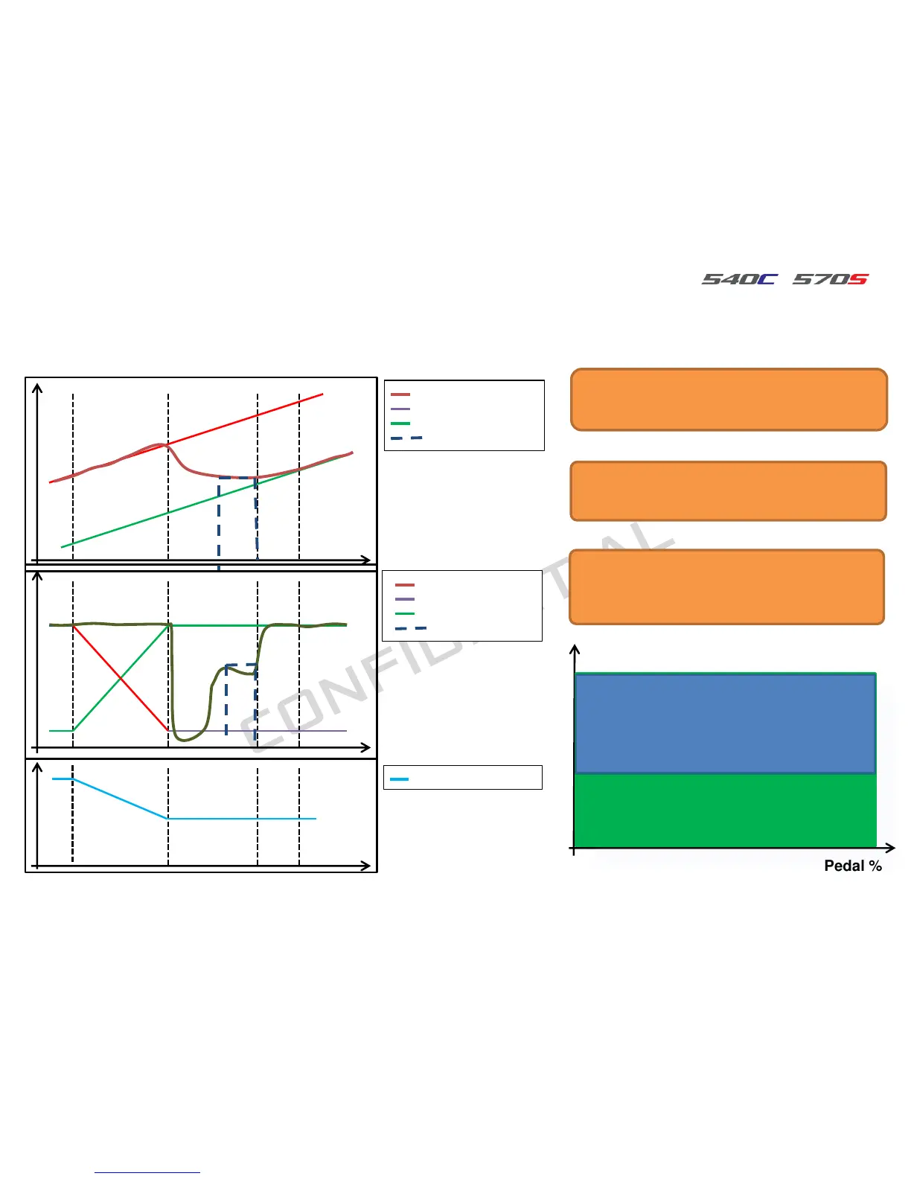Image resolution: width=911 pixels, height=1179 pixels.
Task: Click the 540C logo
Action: pos(739,279)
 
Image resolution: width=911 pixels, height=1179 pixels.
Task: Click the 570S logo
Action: pos(830,279)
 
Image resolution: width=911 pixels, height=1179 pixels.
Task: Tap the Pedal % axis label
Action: pos(852,866)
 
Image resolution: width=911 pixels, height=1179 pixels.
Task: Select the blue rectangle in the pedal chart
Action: pos(725,723)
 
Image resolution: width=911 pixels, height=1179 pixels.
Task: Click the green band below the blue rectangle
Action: pos(725,811)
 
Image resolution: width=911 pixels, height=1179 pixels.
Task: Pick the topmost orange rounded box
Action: pos(729,400)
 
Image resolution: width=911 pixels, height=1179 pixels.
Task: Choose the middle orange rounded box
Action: pos(728,491)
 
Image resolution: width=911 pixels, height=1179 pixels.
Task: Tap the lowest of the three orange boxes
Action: pos(726,587)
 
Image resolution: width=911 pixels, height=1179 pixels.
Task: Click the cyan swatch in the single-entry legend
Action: pos(400,779)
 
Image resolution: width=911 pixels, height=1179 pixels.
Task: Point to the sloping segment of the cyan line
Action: pos(119,798)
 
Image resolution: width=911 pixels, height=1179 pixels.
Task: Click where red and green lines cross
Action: pos(121,678)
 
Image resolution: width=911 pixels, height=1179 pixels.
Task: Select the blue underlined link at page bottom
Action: pos(147,1172)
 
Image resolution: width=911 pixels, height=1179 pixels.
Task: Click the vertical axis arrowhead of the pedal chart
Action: pos(574,650)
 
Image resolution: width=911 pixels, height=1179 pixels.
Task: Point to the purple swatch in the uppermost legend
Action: pos(400,409)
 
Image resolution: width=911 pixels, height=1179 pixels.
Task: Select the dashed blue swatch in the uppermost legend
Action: pos(406,438)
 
